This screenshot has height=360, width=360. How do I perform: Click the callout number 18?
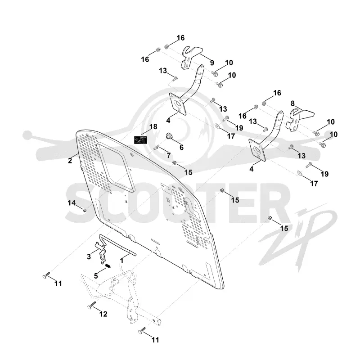coord(153,126)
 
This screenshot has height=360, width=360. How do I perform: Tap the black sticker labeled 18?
coord(140,140)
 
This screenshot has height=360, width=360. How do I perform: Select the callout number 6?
coord(182,148)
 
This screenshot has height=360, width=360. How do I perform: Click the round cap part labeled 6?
coord(170,136)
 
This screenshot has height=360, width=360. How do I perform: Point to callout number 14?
coord(72,203)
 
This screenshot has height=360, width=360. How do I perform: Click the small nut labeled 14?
coord(85,210)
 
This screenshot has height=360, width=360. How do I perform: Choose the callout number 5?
coord(96,276)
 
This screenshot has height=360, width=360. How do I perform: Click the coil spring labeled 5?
coord(108,266)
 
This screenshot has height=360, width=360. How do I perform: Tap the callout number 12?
coord(103,314)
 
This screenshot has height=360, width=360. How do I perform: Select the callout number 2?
coord(70,161)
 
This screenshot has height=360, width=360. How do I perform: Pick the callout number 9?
coord(212,63)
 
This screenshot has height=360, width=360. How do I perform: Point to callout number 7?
coord(169,155)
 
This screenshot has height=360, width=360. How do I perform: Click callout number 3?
coord(89,256)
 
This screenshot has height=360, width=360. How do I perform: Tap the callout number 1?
coord(122,261)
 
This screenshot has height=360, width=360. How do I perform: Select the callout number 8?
coord(292,103)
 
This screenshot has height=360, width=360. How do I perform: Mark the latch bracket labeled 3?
coord(101,252)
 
